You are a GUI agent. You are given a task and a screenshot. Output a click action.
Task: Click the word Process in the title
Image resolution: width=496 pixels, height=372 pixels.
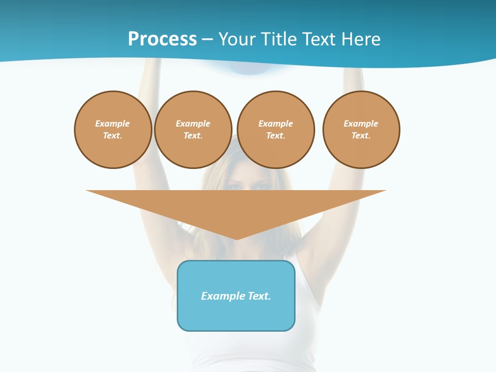[x=162, y=39]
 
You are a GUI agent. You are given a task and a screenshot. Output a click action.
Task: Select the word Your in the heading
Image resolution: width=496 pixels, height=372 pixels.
[x=238, y=39]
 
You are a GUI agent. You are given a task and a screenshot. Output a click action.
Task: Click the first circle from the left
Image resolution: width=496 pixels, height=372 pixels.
[x=113, y=130]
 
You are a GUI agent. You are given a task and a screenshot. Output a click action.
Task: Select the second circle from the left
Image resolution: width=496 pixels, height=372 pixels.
[x=193, y=130]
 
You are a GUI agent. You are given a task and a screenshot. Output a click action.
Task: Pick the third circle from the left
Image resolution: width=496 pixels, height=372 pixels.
[x=276, y=130]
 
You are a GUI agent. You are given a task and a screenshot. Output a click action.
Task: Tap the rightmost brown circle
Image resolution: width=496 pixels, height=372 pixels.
[x=361, y=130]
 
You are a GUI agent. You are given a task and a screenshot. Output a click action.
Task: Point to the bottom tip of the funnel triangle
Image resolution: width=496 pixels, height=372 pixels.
[x=237, y=238]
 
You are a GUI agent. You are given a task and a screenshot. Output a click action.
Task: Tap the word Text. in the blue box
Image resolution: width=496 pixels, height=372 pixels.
[x=259, y=296]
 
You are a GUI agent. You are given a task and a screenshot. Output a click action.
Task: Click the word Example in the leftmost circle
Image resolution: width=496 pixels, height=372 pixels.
[x=113, y=123]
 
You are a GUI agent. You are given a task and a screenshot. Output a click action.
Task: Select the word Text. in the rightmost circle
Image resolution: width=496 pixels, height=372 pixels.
[x=361, y=136]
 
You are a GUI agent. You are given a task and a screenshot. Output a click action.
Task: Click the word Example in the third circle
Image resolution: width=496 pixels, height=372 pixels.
[x=276, y=123]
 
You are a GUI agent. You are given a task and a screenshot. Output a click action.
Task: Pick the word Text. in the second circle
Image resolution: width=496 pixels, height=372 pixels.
[x=193, y=136]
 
